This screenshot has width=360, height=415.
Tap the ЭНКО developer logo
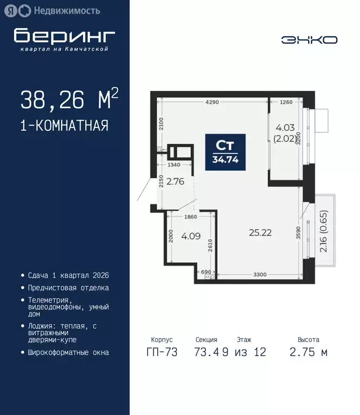309,39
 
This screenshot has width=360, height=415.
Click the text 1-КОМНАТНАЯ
64,126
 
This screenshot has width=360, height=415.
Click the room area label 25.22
260,233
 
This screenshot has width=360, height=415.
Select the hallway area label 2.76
176,182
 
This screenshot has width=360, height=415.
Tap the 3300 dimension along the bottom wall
260,275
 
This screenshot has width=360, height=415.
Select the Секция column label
206,340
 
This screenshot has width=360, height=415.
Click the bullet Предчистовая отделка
69,288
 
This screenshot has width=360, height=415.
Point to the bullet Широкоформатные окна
69,352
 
